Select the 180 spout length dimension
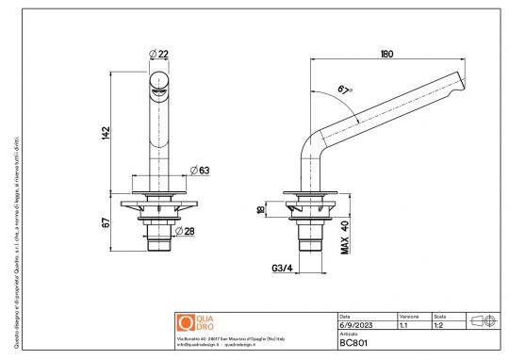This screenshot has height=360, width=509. [386, 55]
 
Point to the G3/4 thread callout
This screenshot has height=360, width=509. [282, 269]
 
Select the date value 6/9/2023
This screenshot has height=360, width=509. [354, 324]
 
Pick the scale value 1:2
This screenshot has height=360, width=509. [439, 324]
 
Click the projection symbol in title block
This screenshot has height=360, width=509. [482, 320]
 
